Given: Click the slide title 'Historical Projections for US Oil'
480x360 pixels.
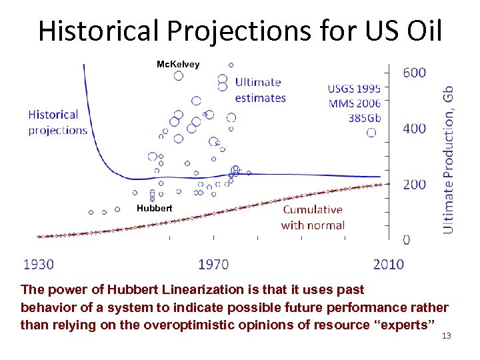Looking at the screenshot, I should pos(240,31).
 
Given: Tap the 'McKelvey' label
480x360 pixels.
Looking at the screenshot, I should pos(177,64).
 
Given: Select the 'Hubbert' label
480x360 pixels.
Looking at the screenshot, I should pos(154,208).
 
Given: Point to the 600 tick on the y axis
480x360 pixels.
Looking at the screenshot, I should pos(414,72).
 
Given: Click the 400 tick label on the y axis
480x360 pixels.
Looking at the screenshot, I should pos(414,128).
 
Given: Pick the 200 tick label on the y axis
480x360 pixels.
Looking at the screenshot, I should pos(414,184).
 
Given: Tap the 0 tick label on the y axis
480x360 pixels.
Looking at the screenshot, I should pos(407,239).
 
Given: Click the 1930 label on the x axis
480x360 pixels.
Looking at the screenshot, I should pos(39,265).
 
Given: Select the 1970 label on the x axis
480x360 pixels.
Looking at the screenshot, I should pos(213,265).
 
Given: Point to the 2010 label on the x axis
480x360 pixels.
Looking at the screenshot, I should pos(388,265).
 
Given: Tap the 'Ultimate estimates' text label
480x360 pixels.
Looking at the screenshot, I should pos(260,90).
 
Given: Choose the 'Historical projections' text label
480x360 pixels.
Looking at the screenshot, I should pos(58,123).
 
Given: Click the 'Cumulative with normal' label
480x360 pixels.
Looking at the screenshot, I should pos(313,217).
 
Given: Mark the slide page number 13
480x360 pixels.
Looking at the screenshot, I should pos(447,335).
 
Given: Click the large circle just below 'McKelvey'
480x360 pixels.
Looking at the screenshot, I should pos(178,75).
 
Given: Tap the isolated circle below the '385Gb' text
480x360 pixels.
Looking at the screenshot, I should pos(371,133).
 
